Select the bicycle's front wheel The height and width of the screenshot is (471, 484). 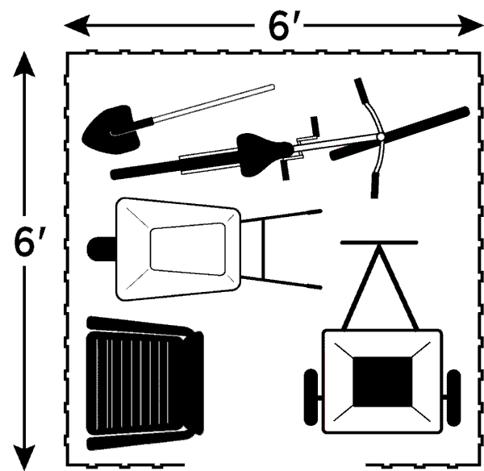[x=400, y=133]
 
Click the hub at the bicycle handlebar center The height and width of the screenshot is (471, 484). [x=381, y=136]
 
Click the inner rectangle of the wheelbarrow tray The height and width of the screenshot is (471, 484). [x=188, y=249]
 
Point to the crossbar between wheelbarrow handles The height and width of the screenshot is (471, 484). [x=263, y=249]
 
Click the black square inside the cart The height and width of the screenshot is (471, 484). [x=382, y=381]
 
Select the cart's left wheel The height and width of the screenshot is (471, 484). [x=311, y=398]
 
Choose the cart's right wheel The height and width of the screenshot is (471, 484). [x=453, y=398]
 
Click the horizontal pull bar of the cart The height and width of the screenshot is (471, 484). [x=379, y=243]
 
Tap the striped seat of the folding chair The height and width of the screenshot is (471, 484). [x=133, y=383]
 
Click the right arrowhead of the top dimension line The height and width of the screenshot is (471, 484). [x=469, y=25]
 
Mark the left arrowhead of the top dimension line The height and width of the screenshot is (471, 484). [x=77, y=25]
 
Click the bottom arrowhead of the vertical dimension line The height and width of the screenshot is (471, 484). [x=24, y=456]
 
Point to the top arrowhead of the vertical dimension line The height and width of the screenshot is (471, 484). [x=24, y=65]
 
